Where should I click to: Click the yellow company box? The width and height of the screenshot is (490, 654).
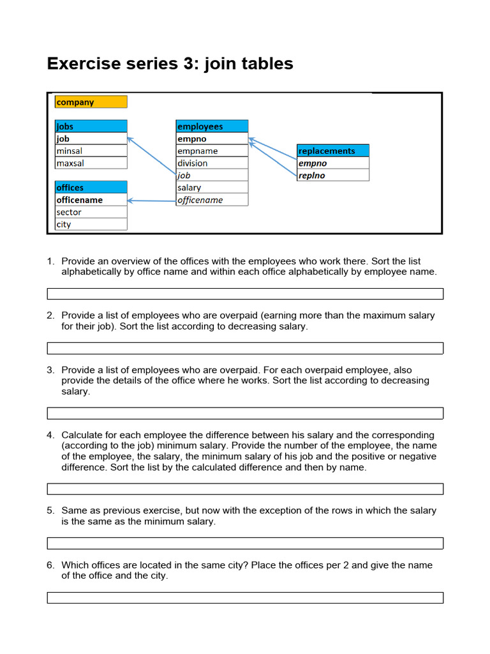[91, 102]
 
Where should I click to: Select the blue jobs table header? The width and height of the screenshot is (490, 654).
[91, 126]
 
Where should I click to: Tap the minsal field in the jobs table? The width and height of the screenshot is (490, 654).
[91, 151]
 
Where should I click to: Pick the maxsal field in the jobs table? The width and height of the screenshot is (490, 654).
[91, 163]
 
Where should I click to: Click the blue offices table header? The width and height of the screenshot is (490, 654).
[91, 188]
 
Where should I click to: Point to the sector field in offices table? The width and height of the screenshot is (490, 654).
[91, 212]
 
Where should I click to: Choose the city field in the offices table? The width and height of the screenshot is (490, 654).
[91, 224]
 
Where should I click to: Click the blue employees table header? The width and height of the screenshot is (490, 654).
[212, 126]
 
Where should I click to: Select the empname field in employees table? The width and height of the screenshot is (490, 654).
[212, 151]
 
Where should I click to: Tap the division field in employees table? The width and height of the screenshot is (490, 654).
[212, 163]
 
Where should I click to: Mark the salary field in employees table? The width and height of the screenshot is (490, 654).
[212, 188]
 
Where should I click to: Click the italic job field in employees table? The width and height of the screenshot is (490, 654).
[212, 175]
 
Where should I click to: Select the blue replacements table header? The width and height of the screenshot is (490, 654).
[332, 151]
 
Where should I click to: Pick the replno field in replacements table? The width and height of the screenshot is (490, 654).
[332, 175]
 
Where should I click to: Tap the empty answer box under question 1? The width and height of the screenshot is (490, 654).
[245, 294]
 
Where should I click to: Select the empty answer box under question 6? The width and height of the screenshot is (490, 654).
[245, 598]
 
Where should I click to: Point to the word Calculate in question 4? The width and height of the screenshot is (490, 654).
[84, 435]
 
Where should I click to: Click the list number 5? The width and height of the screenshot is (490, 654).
[50, 511]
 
